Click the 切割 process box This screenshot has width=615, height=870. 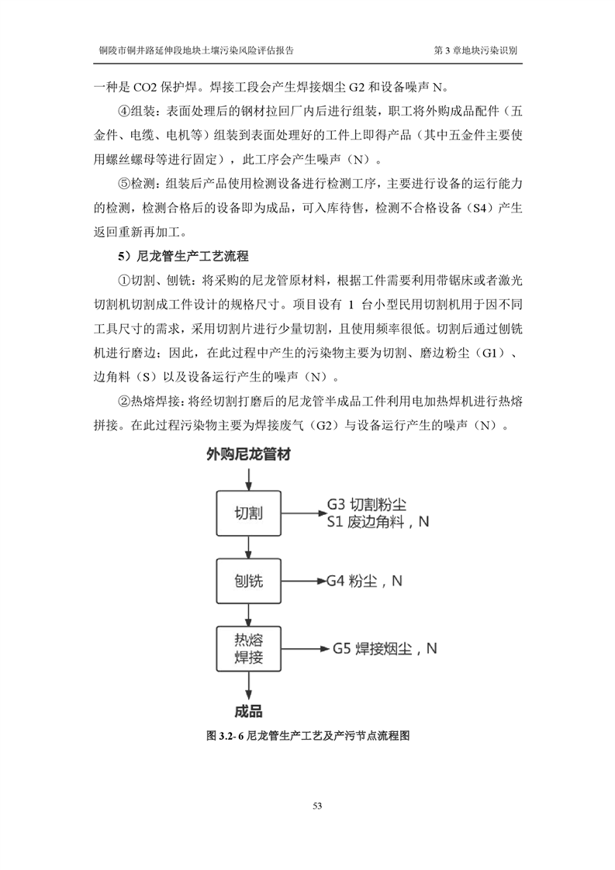point(248,513)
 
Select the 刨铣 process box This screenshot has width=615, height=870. point(248,582)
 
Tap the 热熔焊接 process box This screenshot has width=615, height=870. point(248,649)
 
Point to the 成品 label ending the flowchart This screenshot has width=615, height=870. point(248,710)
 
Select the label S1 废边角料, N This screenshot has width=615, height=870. point(378,522)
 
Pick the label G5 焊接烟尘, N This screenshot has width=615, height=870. point(385,648)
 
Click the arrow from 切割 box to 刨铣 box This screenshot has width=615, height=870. point(248,547)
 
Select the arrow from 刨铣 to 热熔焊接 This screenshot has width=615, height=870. point(248,615)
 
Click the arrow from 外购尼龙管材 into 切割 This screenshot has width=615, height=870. point(248,478)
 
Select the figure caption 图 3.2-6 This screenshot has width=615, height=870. point(308,734)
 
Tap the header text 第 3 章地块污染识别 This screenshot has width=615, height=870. point(475,49)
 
